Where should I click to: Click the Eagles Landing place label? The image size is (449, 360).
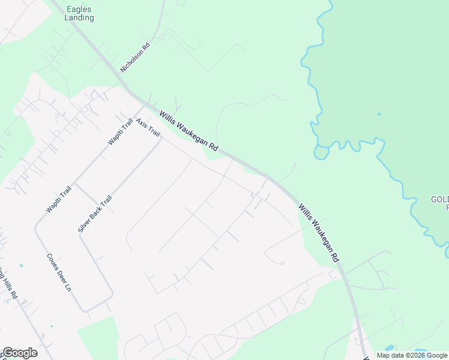pyautogui.click(x=79, y=13)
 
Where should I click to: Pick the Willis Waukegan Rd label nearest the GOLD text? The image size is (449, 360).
pyautogui.click(x=319, y=232)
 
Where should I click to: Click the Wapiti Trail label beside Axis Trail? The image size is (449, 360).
pyautogui.click(x=120, y=131)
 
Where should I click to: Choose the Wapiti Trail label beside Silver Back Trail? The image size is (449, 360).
pyautogui.click(x=59, y=199)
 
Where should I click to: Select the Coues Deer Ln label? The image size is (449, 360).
pyautogui.click(x=59, y=272)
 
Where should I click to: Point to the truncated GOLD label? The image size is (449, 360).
pyautogui.click(x=439, y=203)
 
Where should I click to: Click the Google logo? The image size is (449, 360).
pyautogui.click(x=19, y=353)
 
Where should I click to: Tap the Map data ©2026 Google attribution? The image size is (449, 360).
pyautogui.click(x=412, y=355)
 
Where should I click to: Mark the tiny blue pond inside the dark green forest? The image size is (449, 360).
pyautogui.click(x=379, y=113)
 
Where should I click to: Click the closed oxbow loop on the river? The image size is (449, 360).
pyautogui.click(x=321, y=152)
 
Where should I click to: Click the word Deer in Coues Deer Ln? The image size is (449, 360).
pyautogui.click(x=59, y=273)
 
